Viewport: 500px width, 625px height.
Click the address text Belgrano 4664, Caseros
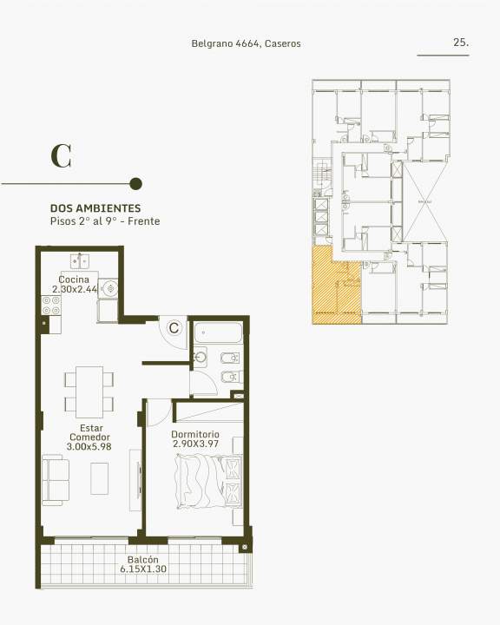[x=246, y=43]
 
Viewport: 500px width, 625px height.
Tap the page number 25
[x=461, y=42]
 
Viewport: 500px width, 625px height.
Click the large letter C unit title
[x=61, y=156]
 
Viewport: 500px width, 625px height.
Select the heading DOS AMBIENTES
[x=95, y=208]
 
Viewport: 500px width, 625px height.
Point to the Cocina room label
[x=74, y=279]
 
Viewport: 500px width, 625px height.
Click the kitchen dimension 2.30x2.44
[x=75, y=289]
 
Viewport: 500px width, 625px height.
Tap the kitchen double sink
[x=80, y=261]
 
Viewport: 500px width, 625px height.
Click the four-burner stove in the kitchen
[x=51, y=305]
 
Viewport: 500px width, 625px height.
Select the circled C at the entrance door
[x=174, y=327]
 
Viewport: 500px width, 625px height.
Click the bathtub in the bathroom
[x=218, y=332]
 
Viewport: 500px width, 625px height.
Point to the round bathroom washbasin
[x=200, y=357]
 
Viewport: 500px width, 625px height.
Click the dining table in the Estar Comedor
[x=89, y=391]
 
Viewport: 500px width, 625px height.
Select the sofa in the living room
[x=56, y=480]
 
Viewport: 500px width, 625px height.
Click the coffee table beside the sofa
[x=99, y=478]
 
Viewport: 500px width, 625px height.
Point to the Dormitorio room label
[x=195, y=434]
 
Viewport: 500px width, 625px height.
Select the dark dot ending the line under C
[x=136, y=184]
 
